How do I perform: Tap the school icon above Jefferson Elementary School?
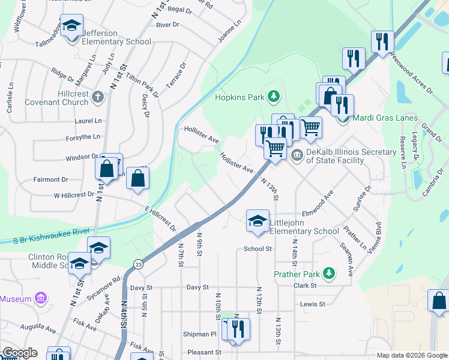coord(72,26)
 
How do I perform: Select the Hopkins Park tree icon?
coord(274,96)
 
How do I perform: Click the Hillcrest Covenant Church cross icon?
coord(98,96)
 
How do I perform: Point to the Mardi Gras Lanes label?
coord(384,118)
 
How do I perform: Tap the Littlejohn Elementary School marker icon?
coord(258,220)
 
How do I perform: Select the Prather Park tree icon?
coord(328,274)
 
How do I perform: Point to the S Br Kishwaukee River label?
coord(52,236)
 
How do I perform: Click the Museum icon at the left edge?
coord(40,298)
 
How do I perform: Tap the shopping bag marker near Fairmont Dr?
coord(137,179)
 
